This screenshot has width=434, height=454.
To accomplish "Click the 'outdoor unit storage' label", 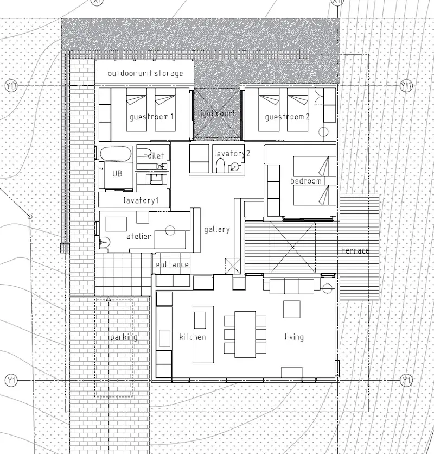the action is pos(145,73).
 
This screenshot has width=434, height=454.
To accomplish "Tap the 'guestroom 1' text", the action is pos(151,117).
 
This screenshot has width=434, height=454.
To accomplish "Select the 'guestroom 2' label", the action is pos(287,117).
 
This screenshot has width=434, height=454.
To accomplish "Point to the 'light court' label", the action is pos(216,113).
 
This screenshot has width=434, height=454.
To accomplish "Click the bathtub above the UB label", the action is pos(116,154).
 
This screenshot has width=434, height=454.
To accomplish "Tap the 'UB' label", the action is pos(117,173).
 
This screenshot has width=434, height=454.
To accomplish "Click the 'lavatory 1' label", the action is pos(141,200).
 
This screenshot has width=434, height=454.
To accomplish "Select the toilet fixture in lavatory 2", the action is pos(221,165).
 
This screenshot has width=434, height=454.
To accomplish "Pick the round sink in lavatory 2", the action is pos(235,167).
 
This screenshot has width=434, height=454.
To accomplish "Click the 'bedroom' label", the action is pos(306,181).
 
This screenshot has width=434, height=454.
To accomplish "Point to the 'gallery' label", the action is pos(217,230).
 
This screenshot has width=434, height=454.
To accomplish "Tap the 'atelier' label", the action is pos(139,236).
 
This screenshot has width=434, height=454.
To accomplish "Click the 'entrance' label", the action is pos(172,264).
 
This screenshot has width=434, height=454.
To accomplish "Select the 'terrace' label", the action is pos(355,250).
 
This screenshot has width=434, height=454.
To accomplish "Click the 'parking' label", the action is pos(124,337).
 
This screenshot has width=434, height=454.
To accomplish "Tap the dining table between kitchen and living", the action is pos(245,335).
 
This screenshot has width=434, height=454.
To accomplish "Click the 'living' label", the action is pos(294,337).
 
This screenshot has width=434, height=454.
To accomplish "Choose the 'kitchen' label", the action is pos(193,337).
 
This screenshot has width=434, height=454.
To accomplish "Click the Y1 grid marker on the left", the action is pos(11,380).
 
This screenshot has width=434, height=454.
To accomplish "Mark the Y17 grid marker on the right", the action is pos(406,86).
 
